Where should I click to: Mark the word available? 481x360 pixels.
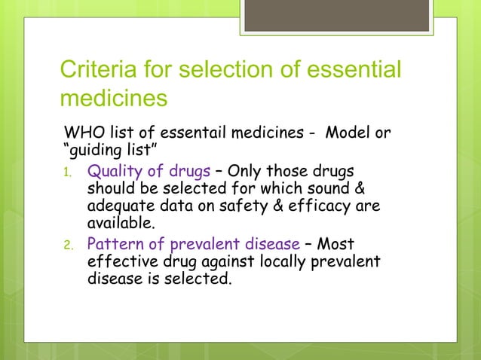click(x=123, y=224)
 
